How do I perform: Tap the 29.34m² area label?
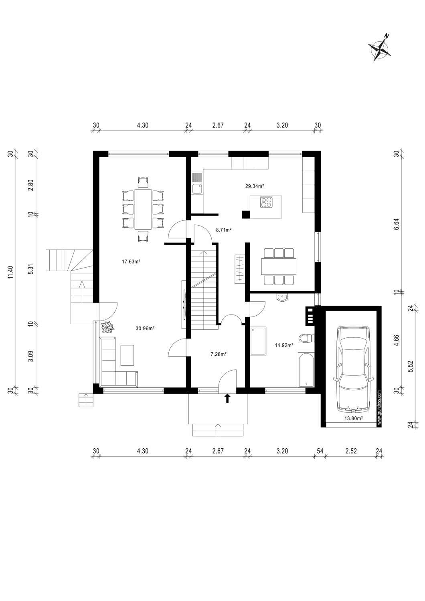[254, 186]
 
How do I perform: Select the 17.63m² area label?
[131, 262]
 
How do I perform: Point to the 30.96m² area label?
[145, 328]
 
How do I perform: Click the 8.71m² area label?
[224, 230]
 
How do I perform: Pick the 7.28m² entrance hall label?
[219, 354]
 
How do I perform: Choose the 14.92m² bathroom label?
[283, 345]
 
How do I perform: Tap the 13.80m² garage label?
[354, 418]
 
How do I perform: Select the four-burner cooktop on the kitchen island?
[266, 203]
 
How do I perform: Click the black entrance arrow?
[227, 398]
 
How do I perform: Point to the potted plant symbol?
[107, 327]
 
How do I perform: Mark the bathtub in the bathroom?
[307, 370]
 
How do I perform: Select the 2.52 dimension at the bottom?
[351, 451]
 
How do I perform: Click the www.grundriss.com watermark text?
[378, 407]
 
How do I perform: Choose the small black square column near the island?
[246, 214]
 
